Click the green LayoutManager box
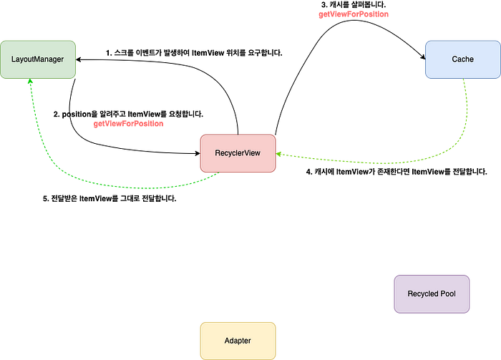[38, 59]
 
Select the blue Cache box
[462, 59]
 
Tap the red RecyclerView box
[238, 153]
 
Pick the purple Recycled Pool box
[432, 293]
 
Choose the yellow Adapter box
[238, 341]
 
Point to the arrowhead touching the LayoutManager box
[30, 84]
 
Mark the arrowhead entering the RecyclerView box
[281, 154]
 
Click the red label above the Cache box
[353, 14]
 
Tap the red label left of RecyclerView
[129, 124]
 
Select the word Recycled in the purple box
[423, 294]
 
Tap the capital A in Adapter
[227, 341]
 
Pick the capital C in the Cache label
[454, 59]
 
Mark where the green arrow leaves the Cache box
[464, 80]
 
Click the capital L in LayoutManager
[13, 59]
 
